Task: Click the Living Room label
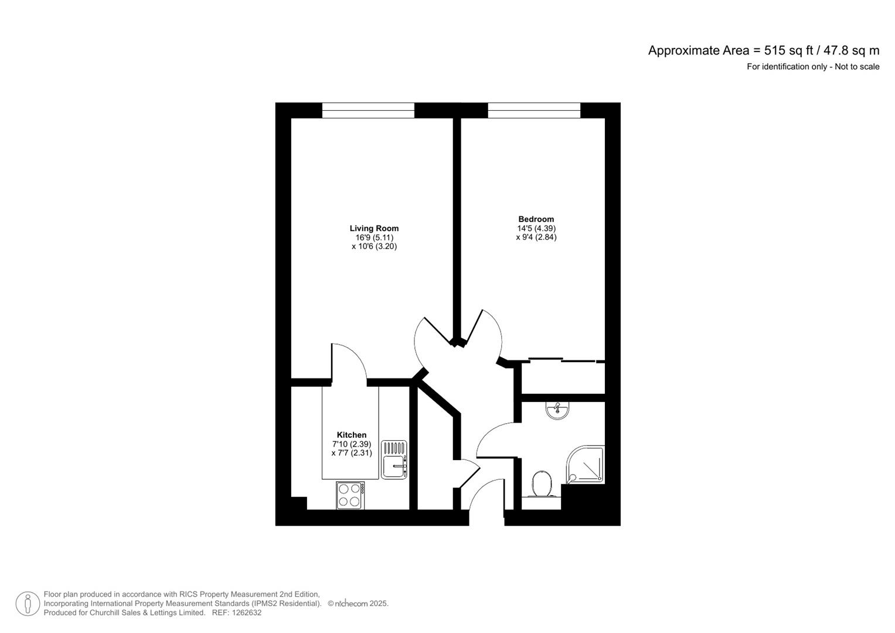click(374, 229)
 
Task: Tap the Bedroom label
click(536, 219)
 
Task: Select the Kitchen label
click(352, 435)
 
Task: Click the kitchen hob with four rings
click(350, 495)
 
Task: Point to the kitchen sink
click(394, 460)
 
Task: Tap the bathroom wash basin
click(557, 410)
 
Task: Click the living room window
click(368, 110)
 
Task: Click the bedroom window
click(534, 110)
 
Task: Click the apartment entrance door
click(485, 495)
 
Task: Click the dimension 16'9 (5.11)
click(374, 238)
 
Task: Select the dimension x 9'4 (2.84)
click(536, 237)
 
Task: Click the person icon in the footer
click(28, 604)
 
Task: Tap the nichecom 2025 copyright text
click(358, 604)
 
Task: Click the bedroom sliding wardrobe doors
click(563, 360)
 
